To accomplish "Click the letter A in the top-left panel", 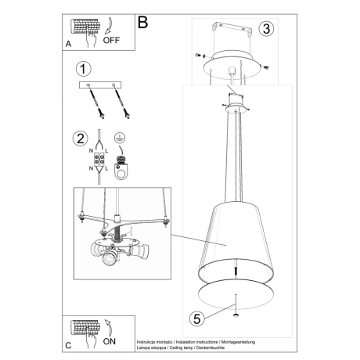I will (69, 45).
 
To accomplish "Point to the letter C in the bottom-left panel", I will (68, 345).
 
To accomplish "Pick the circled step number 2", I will (79, 140).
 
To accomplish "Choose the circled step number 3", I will (266, 29).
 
